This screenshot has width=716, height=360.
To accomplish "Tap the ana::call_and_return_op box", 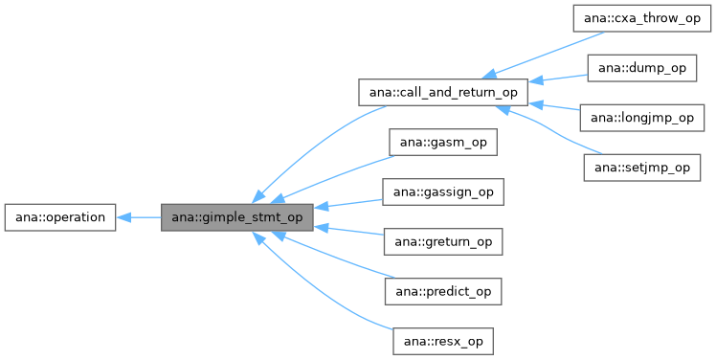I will [442, 93].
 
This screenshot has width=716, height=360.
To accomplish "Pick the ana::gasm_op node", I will [443, 143].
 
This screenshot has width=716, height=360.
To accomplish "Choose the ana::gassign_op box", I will [443, 192].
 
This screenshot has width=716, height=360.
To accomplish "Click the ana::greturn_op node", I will [443, 242].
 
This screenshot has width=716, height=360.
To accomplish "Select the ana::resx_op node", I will [443, 341].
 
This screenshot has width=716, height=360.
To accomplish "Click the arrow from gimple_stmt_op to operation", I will [139, 217].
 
